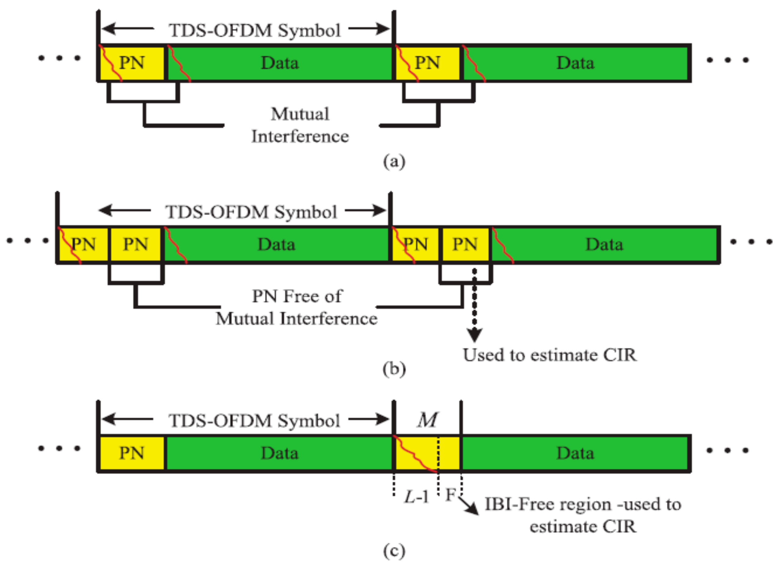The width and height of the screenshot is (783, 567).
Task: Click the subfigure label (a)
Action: click(394, 162)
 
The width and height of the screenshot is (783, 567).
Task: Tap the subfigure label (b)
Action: click(394, 369)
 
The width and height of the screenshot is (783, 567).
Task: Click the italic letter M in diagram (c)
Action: click(427, 420)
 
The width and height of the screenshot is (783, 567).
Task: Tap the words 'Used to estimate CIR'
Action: click(549, 355)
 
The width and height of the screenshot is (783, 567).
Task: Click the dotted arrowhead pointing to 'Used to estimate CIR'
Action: click(475, 335)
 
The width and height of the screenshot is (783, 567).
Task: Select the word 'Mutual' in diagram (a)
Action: click(300, 114)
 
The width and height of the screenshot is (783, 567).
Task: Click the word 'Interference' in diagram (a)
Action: click(300, 136)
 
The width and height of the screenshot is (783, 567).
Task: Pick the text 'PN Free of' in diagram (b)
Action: click(297, 296)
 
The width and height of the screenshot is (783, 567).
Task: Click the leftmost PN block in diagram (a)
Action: click(132, 63)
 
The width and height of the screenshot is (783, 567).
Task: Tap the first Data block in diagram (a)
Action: click(280, 63)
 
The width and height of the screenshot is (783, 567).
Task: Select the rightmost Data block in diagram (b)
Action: click(604, 245)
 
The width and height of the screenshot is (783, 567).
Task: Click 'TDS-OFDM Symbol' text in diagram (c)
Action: click(254, 420)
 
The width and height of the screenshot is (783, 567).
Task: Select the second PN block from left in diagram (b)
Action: click(136, 245)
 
